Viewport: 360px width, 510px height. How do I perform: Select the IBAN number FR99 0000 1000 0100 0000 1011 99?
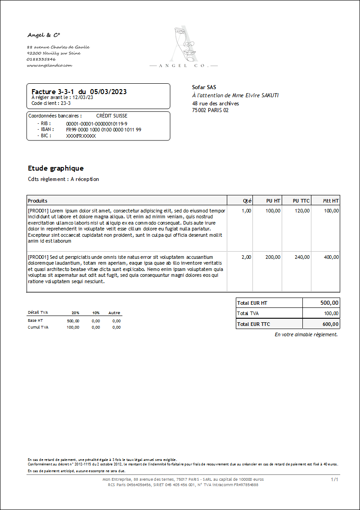(103, 130)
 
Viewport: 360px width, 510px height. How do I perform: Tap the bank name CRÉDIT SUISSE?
(112, 116)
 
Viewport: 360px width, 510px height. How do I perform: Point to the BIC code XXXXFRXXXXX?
(81, 135)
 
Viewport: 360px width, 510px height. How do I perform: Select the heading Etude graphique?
(56, 168)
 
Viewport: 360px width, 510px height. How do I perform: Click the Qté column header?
(247, 200)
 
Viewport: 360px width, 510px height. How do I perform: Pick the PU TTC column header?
(301, 200)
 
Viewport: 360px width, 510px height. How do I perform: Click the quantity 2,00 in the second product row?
(246, 257)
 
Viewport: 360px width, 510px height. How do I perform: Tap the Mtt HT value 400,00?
(331, 257)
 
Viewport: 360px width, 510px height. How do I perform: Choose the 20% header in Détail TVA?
(75, 312)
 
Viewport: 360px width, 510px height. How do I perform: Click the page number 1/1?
(334, 480)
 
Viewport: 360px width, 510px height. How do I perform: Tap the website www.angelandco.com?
(49, 65)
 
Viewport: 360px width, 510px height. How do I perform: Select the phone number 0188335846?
(41, 59)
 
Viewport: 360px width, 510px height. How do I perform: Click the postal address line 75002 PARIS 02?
(210, 110)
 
